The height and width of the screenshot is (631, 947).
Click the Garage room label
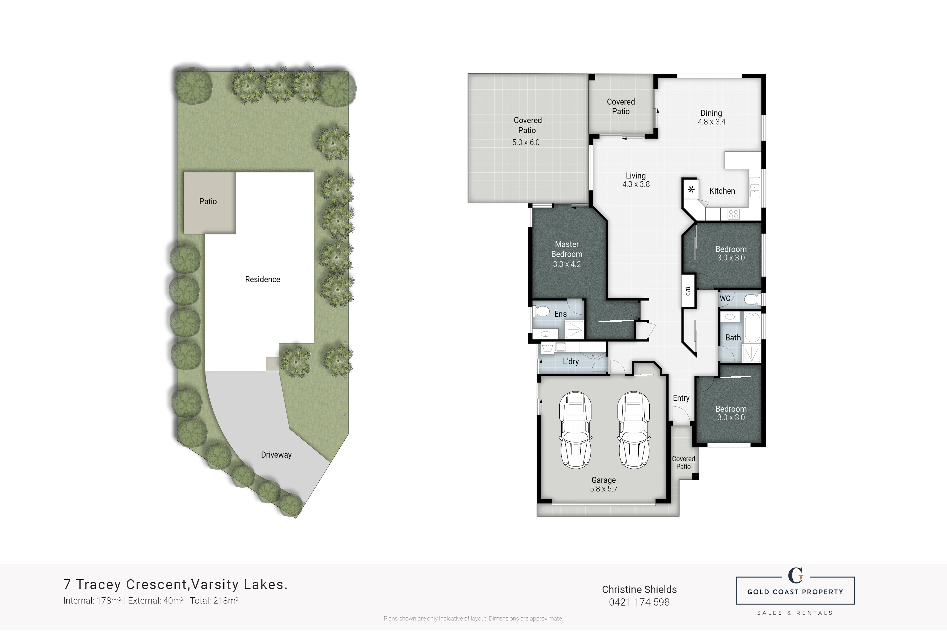coord(603,480)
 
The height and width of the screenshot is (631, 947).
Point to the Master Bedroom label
coord(567,249)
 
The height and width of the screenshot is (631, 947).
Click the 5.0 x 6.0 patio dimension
coord(526,142)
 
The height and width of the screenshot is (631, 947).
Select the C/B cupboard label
coord(688,291)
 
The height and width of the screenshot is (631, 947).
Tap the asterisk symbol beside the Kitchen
coord(691,189)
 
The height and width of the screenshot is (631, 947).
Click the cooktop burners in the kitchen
coord(733,214)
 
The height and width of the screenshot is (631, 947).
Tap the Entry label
coord(681,398)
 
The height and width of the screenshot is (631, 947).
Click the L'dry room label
coord(571,361)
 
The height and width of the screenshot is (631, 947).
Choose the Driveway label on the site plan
coord(276,455)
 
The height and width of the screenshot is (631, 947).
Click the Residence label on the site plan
coord(262,279)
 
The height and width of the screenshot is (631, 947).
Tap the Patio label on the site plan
coord(208,201)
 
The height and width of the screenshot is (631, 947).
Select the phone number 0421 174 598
coord(639,602)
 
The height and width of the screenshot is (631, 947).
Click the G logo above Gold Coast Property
coord(795,575)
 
